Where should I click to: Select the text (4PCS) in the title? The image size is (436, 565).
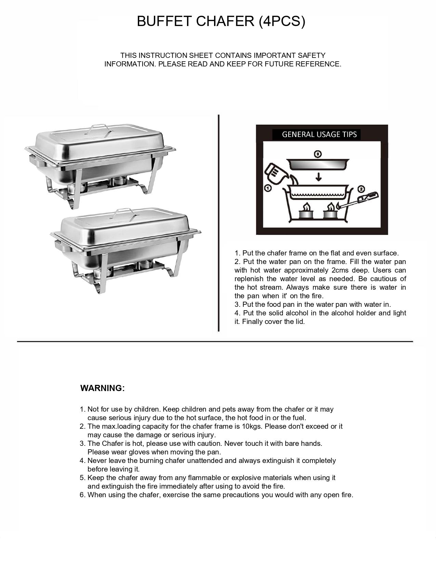tap(282, 21)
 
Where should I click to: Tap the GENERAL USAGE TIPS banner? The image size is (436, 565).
tap(319, 134)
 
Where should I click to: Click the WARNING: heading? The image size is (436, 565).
tap(103, 388)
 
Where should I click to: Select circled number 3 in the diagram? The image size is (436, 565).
tap(318, 154)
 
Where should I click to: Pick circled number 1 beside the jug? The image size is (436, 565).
tap(268, 188)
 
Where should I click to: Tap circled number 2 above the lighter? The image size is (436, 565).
tap(361, 189)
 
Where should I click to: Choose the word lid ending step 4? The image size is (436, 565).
tap(299, 322)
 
